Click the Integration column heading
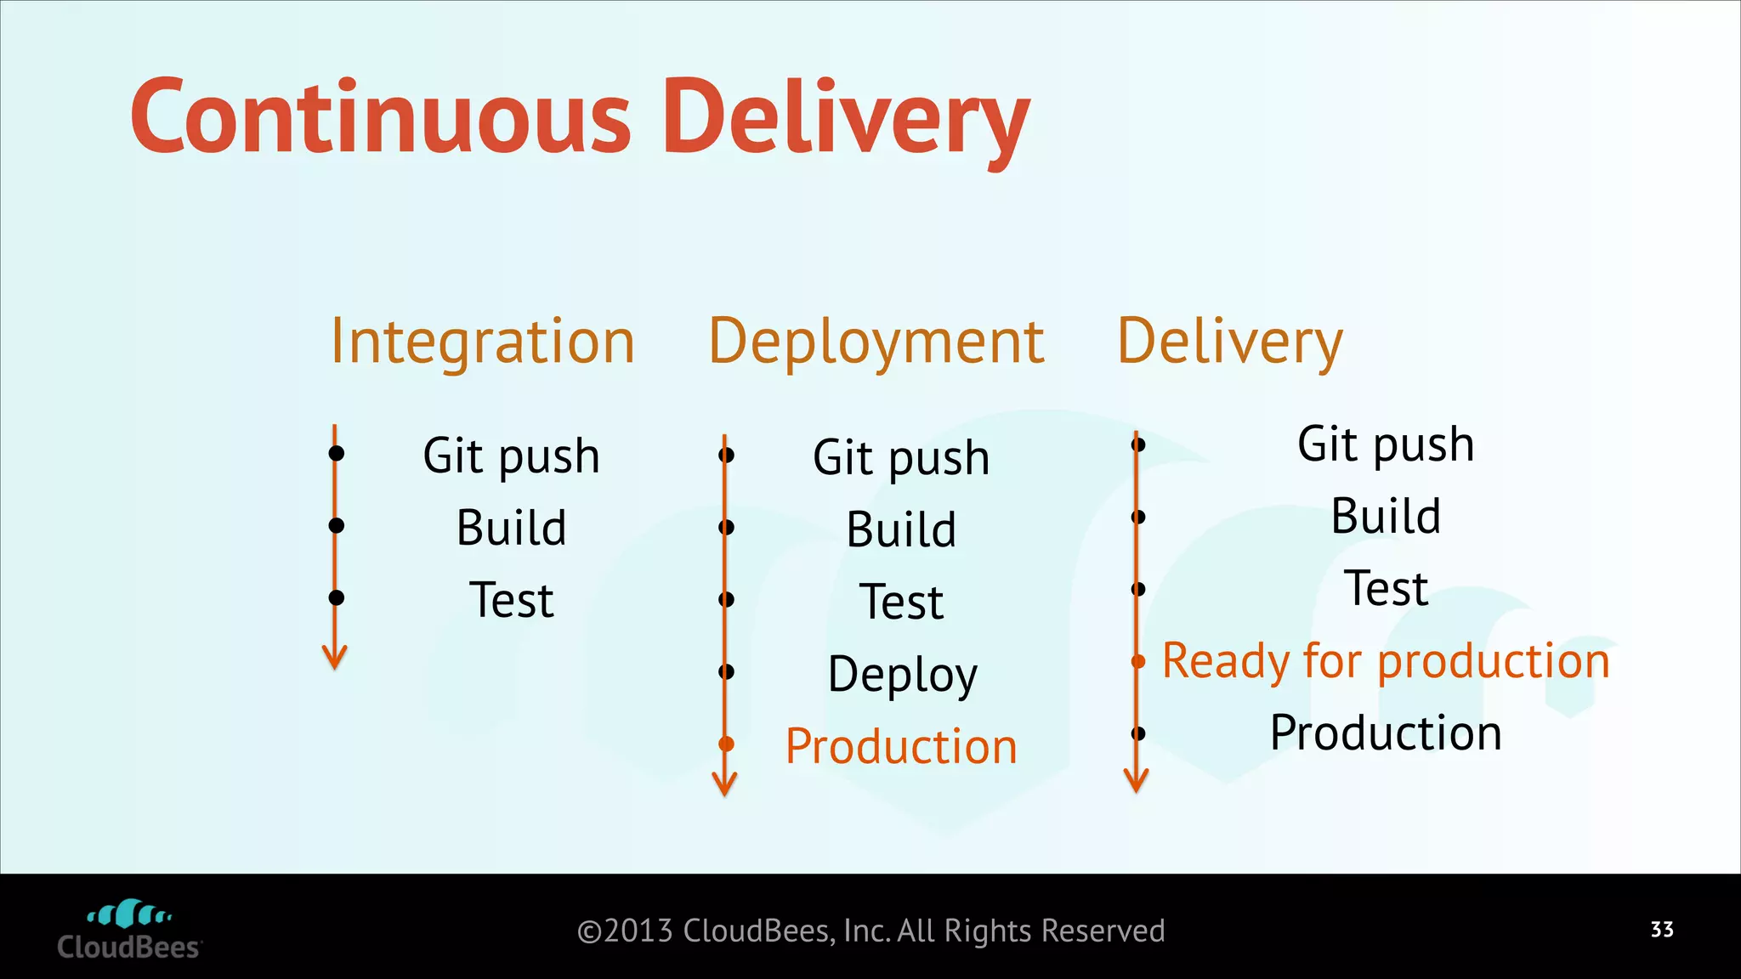tap(482, 342)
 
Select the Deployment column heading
tap(876, 342)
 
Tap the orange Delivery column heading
tap(1229, 342)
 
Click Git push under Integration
tap(511, 456)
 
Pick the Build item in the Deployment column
tap(901, 530)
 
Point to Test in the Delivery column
tap(1386, 589)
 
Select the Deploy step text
tap(902, 675)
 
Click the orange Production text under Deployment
tap(901, 747)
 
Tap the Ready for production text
tap(1386, 661)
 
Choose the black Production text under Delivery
tap(1386, 733)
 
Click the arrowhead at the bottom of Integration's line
tap(335, 658)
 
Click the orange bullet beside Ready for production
tap(1138, 661)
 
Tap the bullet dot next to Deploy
tap(726, 672)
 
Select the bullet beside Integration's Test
tap(337, 598)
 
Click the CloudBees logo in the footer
tap(129, 931)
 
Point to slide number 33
tap(1662, 930)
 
